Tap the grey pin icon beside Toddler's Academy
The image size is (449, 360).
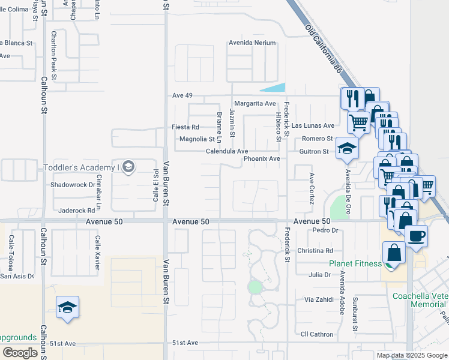[x=127, y=166]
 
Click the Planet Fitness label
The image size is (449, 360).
[x=355, y=263]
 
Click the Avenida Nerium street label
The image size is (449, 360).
[x=252, y=43]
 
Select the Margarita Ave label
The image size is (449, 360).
[x=255, y=103]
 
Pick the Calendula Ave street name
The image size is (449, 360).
[x=227, y=151]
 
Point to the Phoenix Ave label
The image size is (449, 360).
[x=262, y=159]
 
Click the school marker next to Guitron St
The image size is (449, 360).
[x=347, y=148]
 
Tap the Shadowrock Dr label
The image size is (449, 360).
[x=73, y=185]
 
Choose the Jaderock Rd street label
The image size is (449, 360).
[x=77, y=211]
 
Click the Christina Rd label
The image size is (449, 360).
[x=315, y=251]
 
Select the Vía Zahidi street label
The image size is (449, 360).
[x=318, y=299]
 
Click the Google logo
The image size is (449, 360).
[x=20, y=353]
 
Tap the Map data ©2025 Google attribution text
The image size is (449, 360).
[x=411, y=355]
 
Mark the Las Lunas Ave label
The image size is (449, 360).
[x=313, y=125]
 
